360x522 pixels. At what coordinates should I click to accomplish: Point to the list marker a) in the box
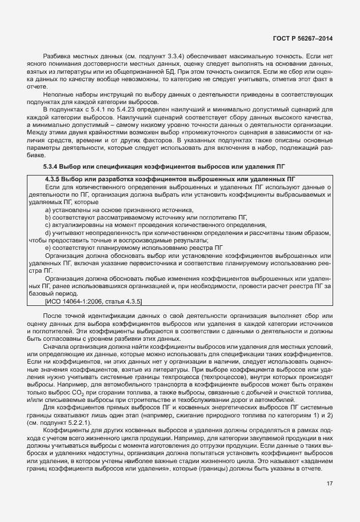47,210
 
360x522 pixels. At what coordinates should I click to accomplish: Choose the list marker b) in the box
47,218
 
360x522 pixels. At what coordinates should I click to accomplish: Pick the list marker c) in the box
47,225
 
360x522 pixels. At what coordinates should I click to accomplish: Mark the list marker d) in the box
47,233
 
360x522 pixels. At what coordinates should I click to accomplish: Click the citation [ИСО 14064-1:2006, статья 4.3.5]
93,300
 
